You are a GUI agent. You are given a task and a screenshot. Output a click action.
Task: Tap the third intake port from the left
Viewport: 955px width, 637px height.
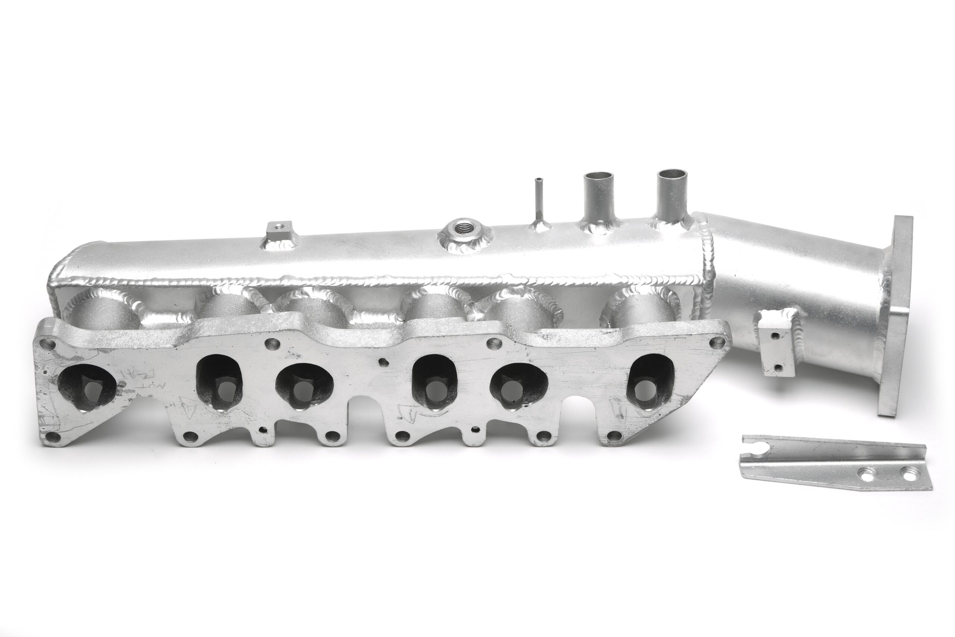coord(304,386)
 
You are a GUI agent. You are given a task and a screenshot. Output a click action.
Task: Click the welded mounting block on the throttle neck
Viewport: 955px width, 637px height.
coord(776,345)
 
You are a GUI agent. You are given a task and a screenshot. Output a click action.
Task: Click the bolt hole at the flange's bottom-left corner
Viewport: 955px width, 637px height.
coord(53,437)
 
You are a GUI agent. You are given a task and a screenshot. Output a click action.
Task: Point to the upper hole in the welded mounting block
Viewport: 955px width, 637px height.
coord(775,335)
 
